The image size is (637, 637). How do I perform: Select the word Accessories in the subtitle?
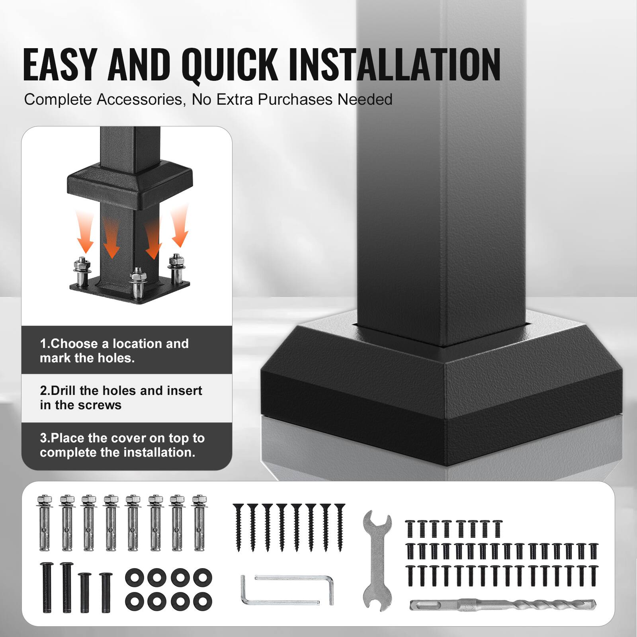pyautogui.click(x=141, y=100)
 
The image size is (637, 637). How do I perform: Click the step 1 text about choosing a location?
pyautogui.click(x=114, y=350)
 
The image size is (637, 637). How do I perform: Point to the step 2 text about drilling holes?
pyautogui.click(x=121, y=397)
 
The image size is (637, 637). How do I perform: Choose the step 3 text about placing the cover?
pyautogui.click(x=122, y=445)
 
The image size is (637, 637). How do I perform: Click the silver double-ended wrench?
pyautogui.click(x=377, y=560)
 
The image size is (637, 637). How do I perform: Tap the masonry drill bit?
pyautogui.click(x=503, y=605)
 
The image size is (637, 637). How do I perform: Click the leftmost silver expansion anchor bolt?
pyautogui.click(x=45, y=523)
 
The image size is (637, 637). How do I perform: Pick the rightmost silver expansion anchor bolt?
pyautogui.click(x=199, y=523)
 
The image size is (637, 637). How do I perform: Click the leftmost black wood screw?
pyautogui.click(x=238, y=526)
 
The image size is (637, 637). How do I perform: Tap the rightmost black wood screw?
pyautogui.click(x=340, y=526)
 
